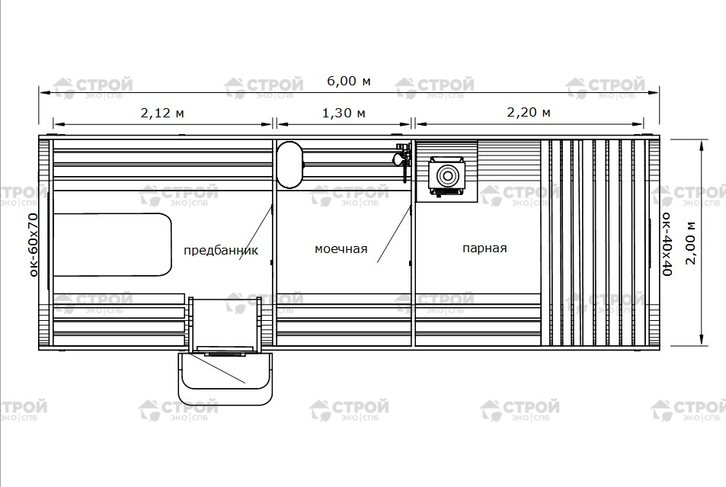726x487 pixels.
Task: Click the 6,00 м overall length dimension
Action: (x=349, y=81)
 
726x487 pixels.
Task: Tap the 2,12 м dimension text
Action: (x=162, y=113)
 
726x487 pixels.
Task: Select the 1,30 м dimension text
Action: (x=344, y=113)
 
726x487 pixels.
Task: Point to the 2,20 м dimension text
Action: (x=528, y=112)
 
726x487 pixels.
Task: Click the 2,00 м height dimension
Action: (x=691, y=243)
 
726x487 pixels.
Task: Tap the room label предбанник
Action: (x=221, y=251)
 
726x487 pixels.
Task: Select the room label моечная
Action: (x=341, y=249)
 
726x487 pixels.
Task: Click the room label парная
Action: (x=485, y=248)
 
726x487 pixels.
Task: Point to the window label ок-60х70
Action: (x=33, y=245)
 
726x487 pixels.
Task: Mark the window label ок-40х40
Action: (x=667, y=244)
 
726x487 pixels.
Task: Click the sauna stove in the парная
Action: (x=447, y=177)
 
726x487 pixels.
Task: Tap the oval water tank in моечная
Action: (x=289, y=165)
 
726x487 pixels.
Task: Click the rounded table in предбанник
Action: (x=113, y=245)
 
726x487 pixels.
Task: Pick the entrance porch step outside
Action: (x=225, y=378)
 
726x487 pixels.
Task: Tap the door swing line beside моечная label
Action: (x=394, y=235)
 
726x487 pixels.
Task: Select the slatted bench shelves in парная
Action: (x=597, y=243)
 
